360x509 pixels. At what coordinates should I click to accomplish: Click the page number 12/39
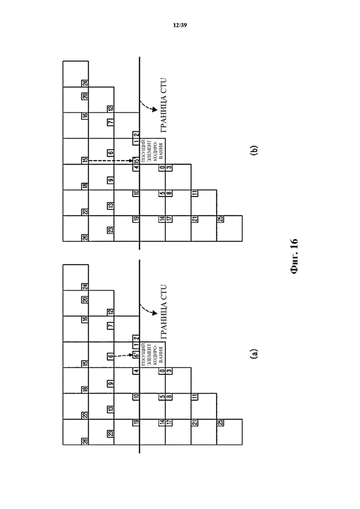[x=180, y=25]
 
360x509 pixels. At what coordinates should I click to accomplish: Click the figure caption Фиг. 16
[x=293, y=256]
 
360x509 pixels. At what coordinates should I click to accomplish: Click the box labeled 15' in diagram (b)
[x=136, y=160]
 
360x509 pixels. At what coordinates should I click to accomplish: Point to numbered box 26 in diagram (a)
[x=85, y=441]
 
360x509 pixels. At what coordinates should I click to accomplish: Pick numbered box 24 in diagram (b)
[x=85, y=83]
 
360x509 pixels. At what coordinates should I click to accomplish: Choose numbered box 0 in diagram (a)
[x=162, y=371]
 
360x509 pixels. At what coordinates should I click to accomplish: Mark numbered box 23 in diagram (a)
[x=111, y=433]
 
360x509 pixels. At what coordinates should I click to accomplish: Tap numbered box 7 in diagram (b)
[x=111, y=122]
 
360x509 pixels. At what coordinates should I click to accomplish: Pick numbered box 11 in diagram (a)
[x=195, y=397]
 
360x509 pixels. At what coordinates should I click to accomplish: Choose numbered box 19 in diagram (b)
[x=136, y=219]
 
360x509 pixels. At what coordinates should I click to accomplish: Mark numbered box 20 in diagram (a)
[x=85, y=299]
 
